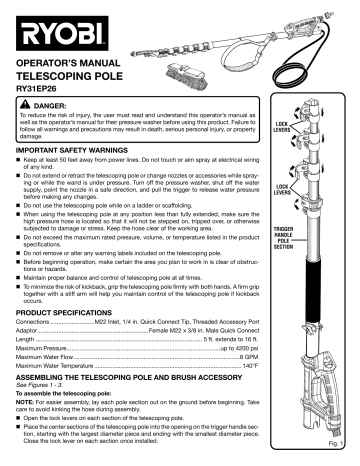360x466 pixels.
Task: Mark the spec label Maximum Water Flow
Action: tap(58, 355)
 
